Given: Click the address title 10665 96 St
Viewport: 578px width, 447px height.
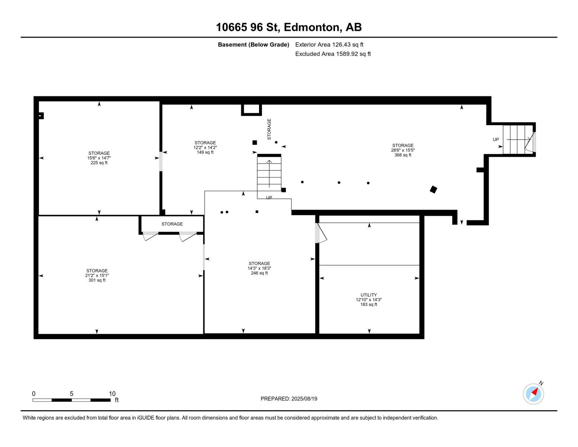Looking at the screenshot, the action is tap(248, 27).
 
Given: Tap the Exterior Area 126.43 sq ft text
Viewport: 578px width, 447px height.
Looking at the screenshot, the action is tap(329, 45).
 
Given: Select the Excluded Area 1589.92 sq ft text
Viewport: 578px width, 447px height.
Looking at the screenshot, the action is tap(333, 54).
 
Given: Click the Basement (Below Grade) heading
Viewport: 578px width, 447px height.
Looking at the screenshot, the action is tap(253, 45).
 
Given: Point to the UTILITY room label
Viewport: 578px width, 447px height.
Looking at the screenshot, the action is tap(369, 295).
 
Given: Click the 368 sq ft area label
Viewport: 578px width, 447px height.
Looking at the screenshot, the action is tap(403, 155).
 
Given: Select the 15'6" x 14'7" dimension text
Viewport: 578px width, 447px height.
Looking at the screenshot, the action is tap(99, 158).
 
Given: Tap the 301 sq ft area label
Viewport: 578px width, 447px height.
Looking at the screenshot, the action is tap(97, 280).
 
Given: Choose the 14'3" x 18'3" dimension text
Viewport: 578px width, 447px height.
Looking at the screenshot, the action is tap(259, 268).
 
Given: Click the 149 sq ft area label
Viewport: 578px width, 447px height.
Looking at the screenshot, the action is tap(205, 152).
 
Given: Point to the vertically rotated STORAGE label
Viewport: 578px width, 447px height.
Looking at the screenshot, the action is tap(269, 129).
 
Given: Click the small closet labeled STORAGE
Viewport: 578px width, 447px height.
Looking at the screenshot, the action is tap(172, 224).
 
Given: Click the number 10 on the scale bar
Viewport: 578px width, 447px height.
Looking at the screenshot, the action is tap(112, 393).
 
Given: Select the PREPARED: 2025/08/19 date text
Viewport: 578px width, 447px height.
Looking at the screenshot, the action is tap(289, 399).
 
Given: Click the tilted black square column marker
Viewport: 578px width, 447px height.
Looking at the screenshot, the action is tap(433, 190).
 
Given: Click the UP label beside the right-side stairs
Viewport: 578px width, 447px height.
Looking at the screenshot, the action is tap(496, 140).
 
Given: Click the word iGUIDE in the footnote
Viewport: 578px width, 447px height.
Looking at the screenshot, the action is tap(146, 418).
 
